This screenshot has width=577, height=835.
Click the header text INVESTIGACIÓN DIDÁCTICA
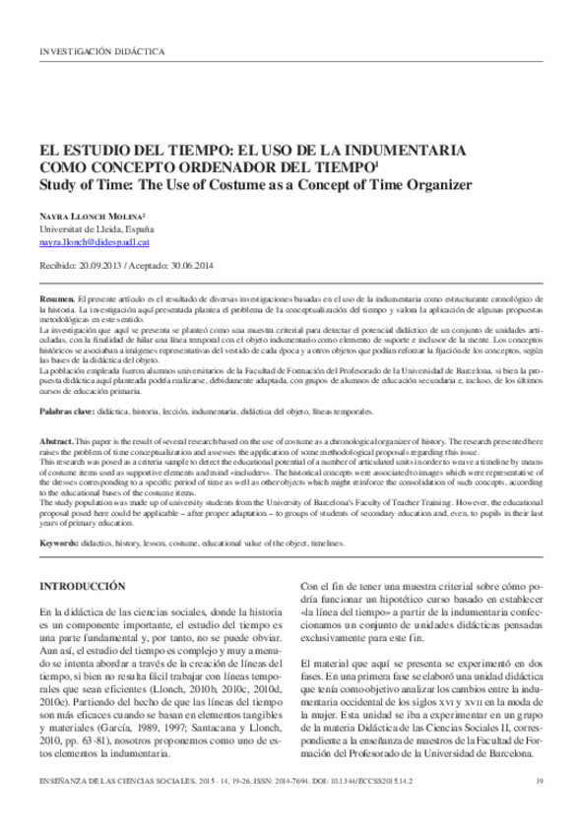(100, 50)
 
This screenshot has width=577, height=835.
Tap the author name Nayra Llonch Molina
(93, 215)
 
